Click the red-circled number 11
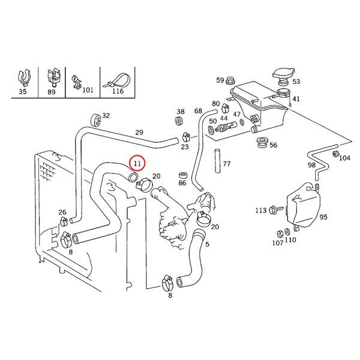137,163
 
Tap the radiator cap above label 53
284,76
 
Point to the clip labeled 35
24,77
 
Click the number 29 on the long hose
139,133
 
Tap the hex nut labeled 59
229,81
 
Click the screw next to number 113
275,209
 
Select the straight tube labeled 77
217,161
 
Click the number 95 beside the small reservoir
323,217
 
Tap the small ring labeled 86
182,175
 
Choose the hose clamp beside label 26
63,221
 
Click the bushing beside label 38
179,121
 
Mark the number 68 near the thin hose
198,111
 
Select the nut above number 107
280,234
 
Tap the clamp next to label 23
186,137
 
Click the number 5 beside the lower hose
207,244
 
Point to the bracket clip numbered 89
54,77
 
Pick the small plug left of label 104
335,154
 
